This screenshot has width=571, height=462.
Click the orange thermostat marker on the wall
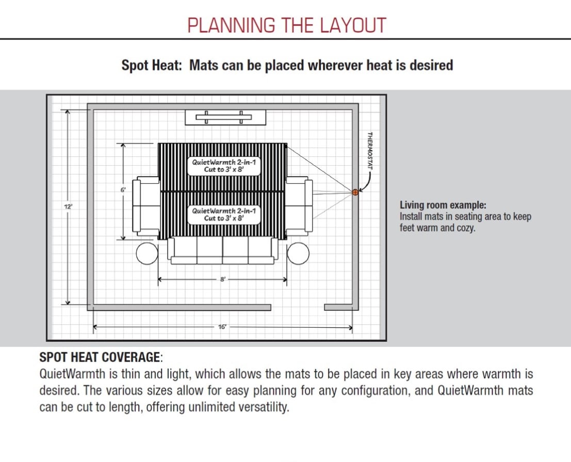[355, 192]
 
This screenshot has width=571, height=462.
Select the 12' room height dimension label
[68, 206]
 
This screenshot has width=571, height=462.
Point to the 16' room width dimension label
[222, 327]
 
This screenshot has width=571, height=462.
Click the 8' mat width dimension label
[222, 279]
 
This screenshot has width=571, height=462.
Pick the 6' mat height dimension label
[123, 190]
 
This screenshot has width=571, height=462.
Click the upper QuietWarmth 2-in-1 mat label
[223, 165]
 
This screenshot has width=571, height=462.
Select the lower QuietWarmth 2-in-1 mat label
[223, 214]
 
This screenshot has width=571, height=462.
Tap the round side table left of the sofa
[147, 253]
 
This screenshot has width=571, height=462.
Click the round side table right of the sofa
[298, 253]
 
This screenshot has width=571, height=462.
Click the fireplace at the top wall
[225, 117]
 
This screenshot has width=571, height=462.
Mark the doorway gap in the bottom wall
[298, 307]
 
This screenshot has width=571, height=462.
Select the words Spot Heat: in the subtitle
[152, 66]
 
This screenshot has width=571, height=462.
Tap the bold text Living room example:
[443, 205]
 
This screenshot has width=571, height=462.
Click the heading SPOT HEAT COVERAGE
[100, 357]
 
